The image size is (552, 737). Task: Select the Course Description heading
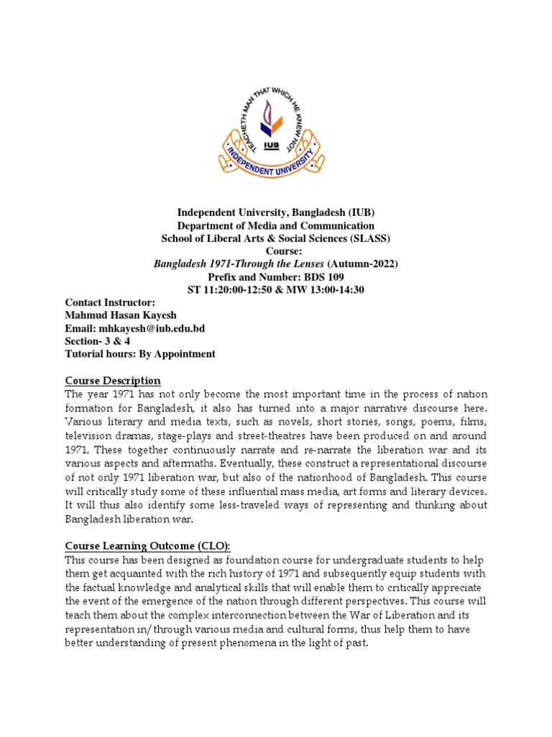[113, 380]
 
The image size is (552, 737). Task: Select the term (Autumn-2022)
[364, 263]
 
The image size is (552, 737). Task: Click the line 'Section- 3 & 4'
[98, 341]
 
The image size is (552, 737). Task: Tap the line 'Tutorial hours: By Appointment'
[140, 354]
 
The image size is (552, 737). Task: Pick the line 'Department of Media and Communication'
[276, 225]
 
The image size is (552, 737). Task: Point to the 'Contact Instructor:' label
[110, 302]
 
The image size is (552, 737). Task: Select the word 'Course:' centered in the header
[276, 251]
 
